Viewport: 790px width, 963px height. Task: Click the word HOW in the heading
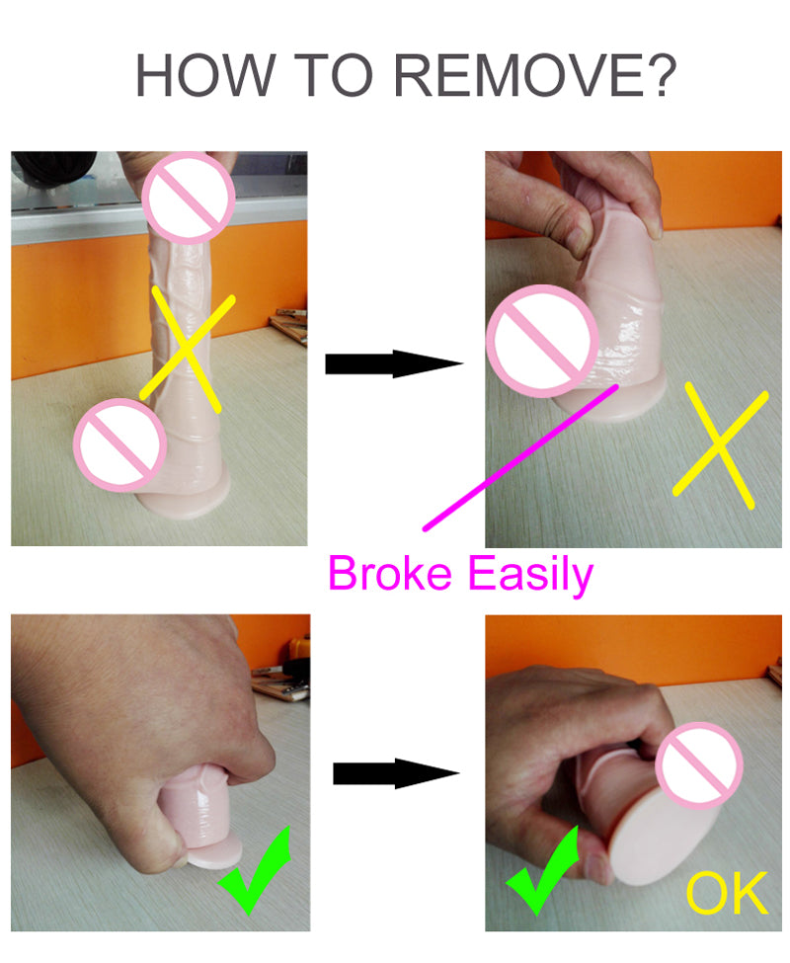click(x=205, y=75)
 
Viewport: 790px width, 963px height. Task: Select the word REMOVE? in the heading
click(x=534, y=75)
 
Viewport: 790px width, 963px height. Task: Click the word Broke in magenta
click(x=390, y=573)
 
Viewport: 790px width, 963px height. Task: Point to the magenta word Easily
click(x=531, y=575)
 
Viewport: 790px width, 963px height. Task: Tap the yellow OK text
click(x=728, y=892)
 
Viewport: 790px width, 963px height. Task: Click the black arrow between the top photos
click(x=394, y=363)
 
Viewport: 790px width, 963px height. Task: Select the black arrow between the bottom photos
click(x=397, y=773)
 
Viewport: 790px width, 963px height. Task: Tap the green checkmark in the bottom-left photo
click(x=254, y=872)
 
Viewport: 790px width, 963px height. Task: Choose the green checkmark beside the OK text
click(x=542, y=872)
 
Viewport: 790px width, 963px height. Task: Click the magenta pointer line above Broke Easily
click(x=520, y=457)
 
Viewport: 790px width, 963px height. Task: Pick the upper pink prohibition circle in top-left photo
click(x=189, y=198)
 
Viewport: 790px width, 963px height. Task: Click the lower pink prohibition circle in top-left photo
click(x=120, y=444)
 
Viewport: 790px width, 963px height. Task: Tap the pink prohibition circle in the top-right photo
click(x=542, y=341)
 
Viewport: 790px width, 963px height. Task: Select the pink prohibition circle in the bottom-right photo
click(x=699, y=764)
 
